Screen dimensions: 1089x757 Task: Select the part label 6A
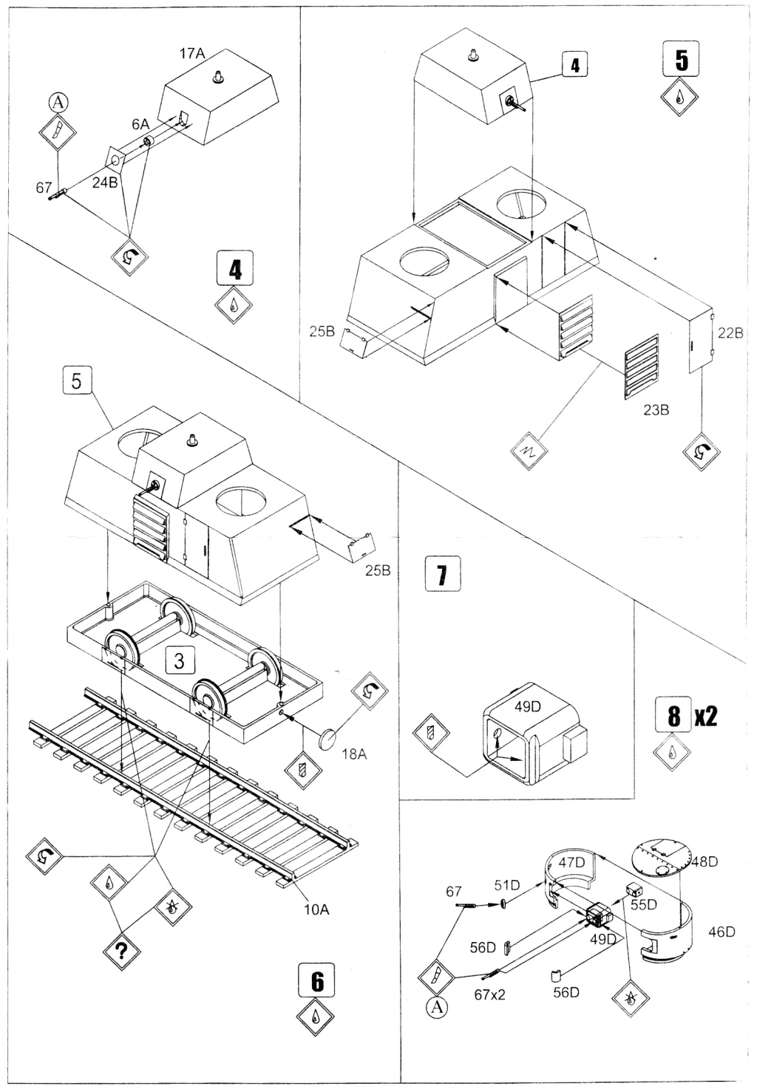coord(141,126)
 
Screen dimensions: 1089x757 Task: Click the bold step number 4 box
coord(234,269)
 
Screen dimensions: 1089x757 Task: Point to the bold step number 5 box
coord(680,60)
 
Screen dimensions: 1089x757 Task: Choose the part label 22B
coord(730,333)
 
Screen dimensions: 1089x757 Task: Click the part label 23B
coord(654,409)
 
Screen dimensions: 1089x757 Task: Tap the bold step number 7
coord(442,574)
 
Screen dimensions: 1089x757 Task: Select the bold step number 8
coord(673,714)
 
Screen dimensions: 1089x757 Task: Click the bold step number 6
coord(317,980)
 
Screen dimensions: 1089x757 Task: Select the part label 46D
coord(722,932)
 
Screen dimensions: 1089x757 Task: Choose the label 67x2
coord(489,994)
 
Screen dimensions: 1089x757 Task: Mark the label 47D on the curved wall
coord(571,861)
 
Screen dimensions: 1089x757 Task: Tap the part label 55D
coord(645,904)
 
